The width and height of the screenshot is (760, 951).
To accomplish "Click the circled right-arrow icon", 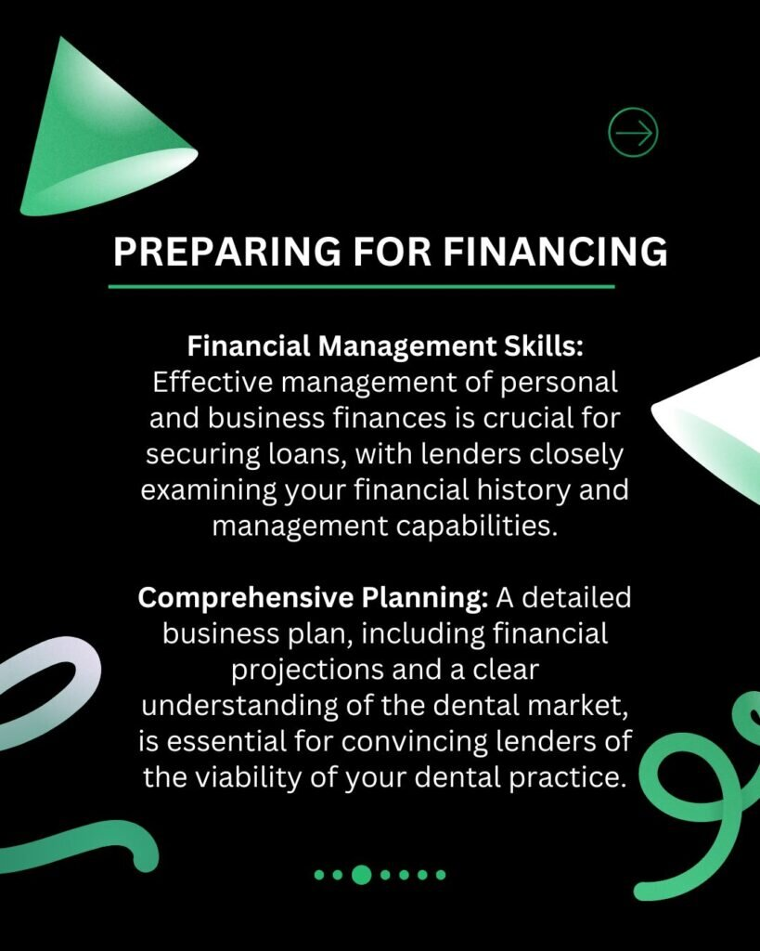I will click(x=633, y=133).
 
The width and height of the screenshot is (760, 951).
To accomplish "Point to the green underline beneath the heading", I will click(x=362, y=286).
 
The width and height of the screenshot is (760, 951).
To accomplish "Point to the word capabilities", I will click(x=471, y=526).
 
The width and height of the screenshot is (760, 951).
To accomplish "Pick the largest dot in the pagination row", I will click(x=362, y=874).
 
